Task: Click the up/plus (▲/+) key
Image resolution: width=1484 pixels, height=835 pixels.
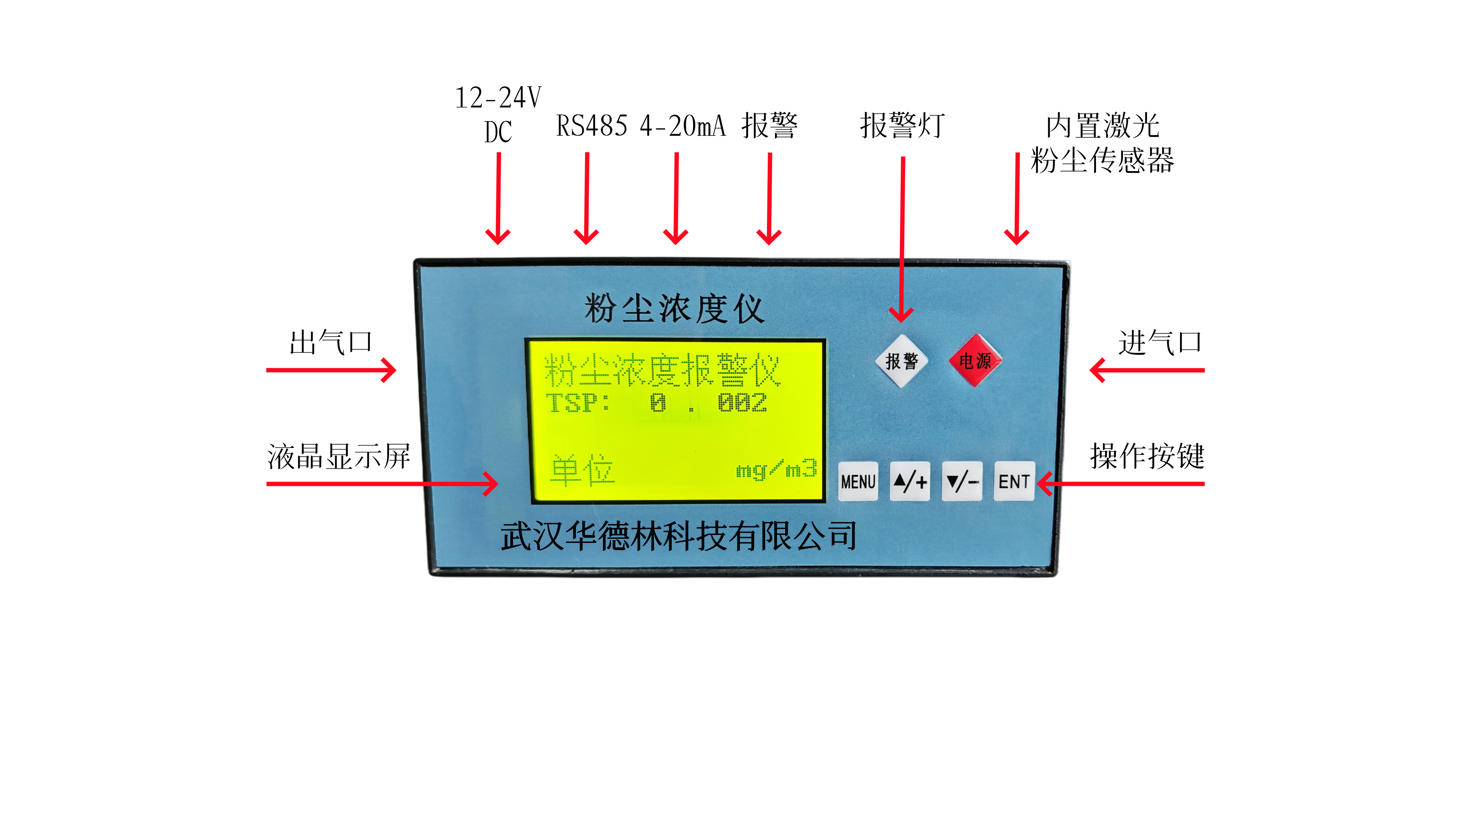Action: click(x=910, y=481)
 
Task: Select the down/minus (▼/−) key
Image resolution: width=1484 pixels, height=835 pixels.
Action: click(x=962, y=481)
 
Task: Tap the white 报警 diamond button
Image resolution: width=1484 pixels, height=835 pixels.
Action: click(x=901, y=361)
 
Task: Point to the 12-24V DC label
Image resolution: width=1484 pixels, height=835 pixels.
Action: click(x=498, y=114)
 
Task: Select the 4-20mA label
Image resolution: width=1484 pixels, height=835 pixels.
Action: click(x=683, y=126)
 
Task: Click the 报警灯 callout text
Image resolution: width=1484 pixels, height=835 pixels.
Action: click(x=902, y=126)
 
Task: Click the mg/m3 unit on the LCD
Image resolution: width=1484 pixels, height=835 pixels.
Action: click(x=776, y=470)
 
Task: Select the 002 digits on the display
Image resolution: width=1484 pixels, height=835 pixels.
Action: click(x=742, y=403)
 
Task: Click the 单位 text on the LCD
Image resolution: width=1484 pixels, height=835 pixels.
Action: click(x=582, y=470)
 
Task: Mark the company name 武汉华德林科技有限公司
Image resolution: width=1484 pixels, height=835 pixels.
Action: click(x=678, y=536)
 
